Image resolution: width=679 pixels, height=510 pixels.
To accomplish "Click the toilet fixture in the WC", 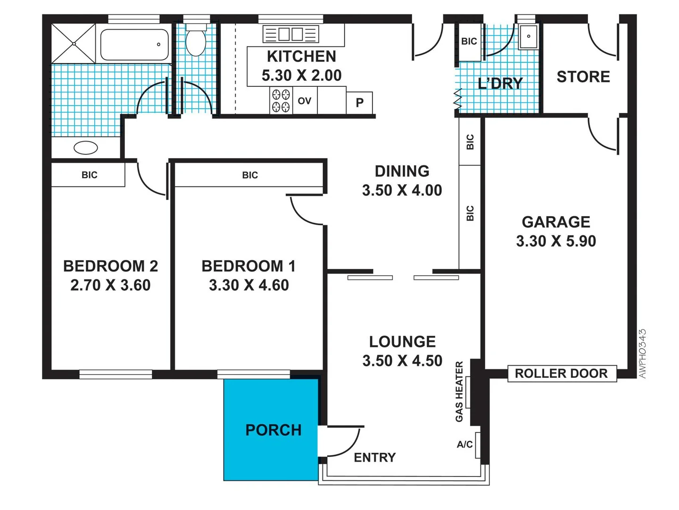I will coord(196,41).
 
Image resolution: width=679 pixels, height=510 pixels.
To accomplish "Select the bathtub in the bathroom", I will coord(134,45).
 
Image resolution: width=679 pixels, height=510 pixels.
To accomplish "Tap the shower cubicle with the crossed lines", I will coord(74,43).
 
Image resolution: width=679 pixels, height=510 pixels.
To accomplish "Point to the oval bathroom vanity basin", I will coord(86,148).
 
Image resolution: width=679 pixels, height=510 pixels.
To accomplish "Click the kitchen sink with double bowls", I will coord(290,34).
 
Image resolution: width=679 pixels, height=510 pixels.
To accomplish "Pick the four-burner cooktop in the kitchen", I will coord(281,101).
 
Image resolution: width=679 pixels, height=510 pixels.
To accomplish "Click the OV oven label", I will coord(305,101).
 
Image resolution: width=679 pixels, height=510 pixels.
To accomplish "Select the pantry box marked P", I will coord(360,102).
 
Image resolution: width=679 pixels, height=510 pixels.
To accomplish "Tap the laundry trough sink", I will coord(528,37).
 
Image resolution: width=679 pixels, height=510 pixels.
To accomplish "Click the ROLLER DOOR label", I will coord(561,374).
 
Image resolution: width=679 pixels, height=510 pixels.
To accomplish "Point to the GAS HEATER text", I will coord(459,391).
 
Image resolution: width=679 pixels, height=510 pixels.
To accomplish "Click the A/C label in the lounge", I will coord(465,444).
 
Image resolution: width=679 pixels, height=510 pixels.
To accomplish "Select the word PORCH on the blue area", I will coord(273,430).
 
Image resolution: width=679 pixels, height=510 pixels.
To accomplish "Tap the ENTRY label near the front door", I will coord(375,458).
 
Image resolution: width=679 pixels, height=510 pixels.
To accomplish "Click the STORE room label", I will coord(583,77).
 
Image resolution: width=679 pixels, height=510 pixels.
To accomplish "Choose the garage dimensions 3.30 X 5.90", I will coord(556,241).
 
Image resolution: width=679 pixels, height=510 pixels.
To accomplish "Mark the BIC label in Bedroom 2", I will coord(89,175).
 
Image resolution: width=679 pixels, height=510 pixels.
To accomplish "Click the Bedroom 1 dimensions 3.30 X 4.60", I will coord(248,285).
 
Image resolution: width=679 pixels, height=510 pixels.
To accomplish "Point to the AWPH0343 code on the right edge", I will coord(642,353).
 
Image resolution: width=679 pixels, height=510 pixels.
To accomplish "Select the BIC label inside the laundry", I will coord(469,42).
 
